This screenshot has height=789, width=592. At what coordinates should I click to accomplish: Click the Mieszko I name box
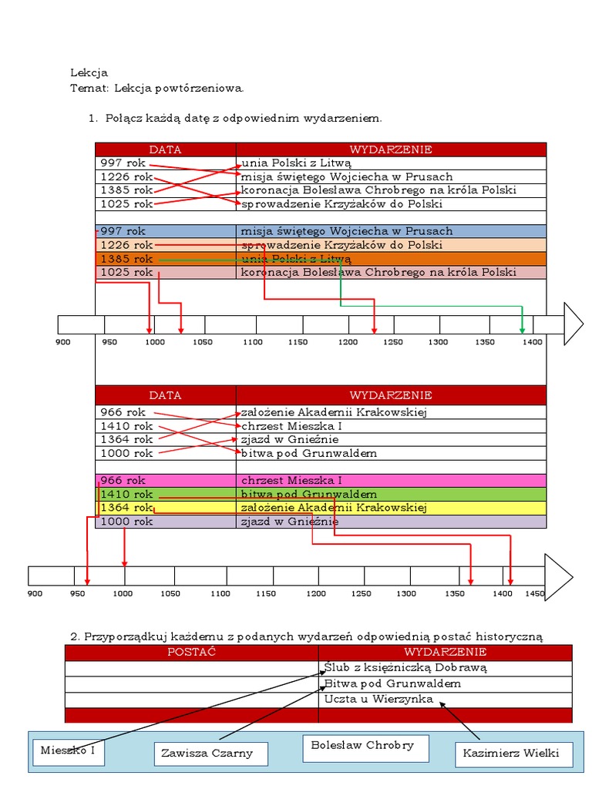click(68, 750)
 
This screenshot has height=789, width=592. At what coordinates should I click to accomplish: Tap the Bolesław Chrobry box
click(362, 746)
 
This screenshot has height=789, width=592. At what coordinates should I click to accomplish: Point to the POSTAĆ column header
click(191, 653)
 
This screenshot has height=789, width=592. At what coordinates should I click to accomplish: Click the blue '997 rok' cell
click(166, 231)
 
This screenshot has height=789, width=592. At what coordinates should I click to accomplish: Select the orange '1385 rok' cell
click(166, 259)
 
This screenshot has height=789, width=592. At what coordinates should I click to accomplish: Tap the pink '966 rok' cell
click(166, 480)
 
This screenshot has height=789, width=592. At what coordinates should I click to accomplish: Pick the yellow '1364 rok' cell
click(166, 508)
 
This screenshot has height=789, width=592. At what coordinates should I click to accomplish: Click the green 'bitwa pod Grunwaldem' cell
click(391, 494)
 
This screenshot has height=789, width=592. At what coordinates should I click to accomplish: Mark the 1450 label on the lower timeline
click(535, 594)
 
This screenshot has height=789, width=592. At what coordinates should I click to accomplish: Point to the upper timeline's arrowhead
click(573, 324)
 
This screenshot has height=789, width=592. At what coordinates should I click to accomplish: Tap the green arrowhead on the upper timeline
click(522, 330)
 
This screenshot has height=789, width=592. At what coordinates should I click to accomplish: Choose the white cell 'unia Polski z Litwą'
click(391, 163)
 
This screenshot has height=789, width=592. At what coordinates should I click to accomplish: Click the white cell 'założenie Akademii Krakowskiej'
click(391, 412)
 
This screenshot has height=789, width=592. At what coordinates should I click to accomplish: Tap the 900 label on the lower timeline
click(35, 594)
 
